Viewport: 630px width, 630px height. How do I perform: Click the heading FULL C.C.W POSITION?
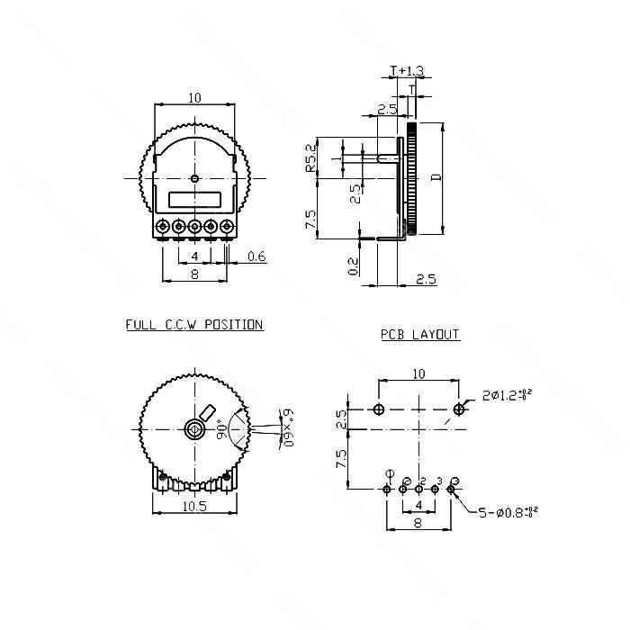click(x=194, y=324)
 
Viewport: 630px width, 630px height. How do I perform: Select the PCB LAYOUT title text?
click(x=419, y=335)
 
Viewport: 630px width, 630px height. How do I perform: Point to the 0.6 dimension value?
click(x=256, y=257)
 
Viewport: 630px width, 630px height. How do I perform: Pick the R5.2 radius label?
click(x=310, y=157)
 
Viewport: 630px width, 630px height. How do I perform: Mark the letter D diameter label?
click(x=436, y=177)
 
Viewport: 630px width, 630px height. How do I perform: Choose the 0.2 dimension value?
click(x=354, y=266)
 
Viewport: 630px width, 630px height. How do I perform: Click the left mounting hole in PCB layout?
click(x=378, y=409)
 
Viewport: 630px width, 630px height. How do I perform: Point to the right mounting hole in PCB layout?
click(x=460, y=409)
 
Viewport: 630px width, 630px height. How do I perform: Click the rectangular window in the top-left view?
click(x=194, y=201)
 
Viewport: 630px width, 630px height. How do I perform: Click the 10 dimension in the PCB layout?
click(x=418, y=373)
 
